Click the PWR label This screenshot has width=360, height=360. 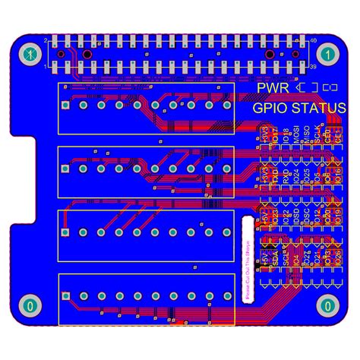(272, 89)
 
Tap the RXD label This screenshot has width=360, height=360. (286, 176)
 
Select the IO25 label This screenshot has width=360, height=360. (307, 176)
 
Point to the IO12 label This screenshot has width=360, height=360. (317, 216)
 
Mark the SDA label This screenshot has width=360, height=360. (275, 258)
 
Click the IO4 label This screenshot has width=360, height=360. (296, 258)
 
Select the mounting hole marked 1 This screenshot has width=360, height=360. (327, 54)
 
